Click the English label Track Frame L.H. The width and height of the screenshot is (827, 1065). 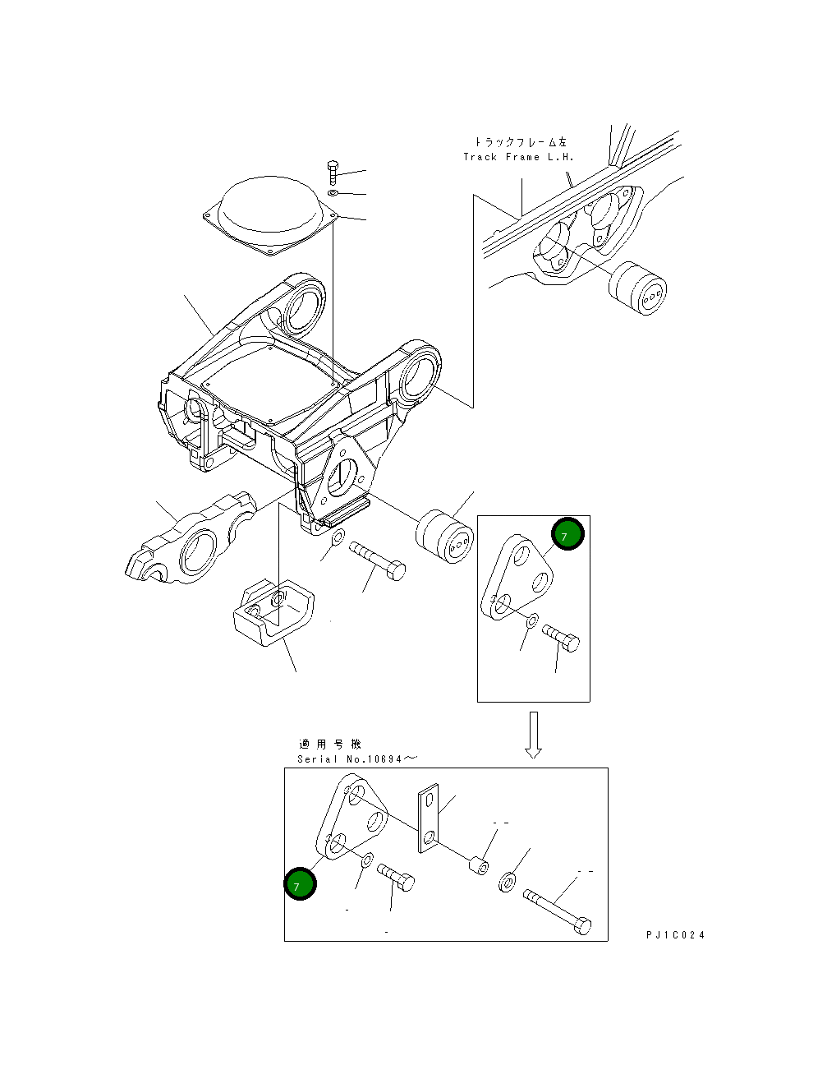[x=518, y=157]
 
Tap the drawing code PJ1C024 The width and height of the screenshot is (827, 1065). [x=676, y=935]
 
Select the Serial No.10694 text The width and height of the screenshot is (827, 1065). [x=357, y=759]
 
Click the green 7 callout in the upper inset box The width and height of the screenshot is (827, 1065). [x=567, y=533]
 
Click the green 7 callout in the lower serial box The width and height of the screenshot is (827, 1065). [x=300, y=883]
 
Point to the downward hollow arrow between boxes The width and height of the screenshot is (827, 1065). [x=534, y=735]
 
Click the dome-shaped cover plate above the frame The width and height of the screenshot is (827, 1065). [x=271, y=214]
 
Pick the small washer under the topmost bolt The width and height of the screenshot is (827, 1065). [x=333, y=192]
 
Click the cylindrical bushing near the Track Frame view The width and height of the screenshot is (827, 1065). [x=637, y=288]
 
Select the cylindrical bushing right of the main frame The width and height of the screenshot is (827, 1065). [x=444, y=536]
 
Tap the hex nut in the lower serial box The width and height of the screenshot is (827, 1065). [x=507, y=881]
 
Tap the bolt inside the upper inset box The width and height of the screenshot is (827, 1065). [x=561, y=639]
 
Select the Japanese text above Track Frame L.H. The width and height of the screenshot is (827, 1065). [x=521, y=142]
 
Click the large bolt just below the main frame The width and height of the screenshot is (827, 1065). [x=377, y=560]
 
